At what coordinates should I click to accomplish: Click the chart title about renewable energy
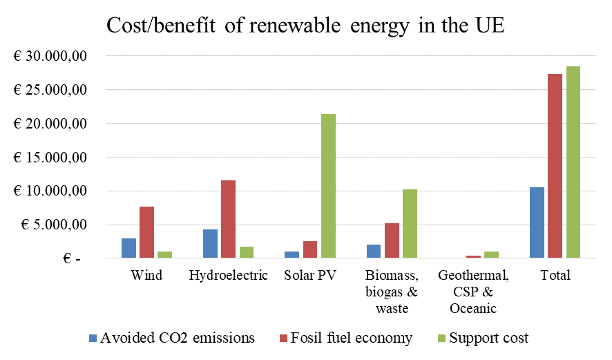point(306,27)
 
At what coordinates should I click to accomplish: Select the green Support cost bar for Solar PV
point(329,186)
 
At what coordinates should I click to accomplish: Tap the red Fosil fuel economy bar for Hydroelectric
point(228,219)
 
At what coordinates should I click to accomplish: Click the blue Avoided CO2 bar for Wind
point(128,248)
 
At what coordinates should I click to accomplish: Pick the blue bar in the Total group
point(537,222)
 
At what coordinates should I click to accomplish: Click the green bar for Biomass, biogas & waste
point(410,223)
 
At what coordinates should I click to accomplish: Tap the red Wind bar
point(146,232)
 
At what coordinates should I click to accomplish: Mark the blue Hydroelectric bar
point(210,243)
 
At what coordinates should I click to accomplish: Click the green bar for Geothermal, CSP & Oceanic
point(492,254)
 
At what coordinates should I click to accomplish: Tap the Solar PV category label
point(310,276)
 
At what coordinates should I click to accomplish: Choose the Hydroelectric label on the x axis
point(228,276)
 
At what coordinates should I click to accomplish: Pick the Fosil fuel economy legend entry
point(345,338)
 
